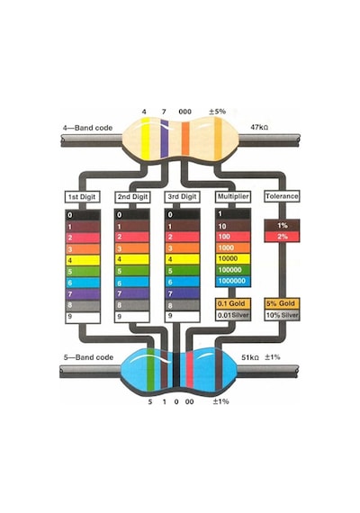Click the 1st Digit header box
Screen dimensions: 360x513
click(82, 197)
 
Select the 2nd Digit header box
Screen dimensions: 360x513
click(132, 197)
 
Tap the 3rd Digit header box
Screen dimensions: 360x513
click(182, 196)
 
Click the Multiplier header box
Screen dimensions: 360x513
click(233, 196)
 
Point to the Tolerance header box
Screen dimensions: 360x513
click(282, 196)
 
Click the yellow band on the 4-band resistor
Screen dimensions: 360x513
click(146, 139)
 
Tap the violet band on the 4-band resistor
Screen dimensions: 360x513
click(165, 139)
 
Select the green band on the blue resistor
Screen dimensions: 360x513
click(150, 369)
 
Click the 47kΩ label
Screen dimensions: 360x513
click(259, 127)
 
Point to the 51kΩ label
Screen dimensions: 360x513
click(250, 357)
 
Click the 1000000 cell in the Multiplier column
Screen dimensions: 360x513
click(233, 281)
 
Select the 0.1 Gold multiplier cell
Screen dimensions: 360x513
click(233, 303)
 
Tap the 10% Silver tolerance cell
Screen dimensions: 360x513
click(282, 315)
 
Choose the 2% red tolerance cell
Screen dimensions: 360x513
click(282, 237)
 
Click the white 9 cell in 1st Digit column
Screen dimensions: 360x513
click(83, 318)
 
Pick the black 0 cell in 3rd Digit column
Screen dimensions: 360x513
click(183, 214)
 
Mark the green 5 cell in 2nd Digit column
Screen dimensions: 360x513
click(132, 271)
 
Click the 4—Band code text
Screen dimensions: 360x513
click(87, 128)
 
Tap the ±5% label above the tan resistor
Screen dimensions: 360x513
click(217, 112)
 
